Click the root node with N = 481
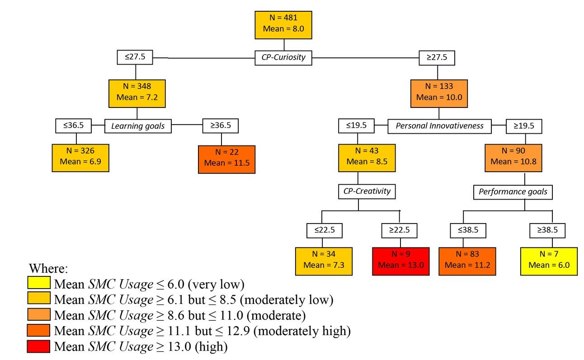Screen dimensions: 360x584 [283, 25]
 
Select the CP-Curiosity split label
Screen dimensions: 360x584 [283, 58]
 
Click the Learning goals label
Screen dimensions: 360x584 [138, 126]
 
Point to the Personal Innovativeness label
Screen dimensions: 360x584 [440, 126]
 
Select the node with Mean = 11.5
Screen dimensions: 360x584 [226, 159]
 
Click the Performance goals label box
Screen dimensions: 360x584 [513, 192]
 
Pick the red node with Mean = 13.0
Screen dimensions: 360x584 [400, 261]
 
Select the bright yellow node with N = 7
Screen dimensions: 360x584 [549, 261]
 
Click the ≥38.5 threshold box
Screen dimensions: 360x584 [547, 230]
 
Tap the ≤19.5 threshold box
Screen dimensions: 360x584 [356, 126]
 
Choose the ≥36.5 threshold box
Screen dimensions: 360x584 [220, 126]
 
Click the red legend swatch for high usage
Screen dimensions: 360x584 [39, 347]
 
